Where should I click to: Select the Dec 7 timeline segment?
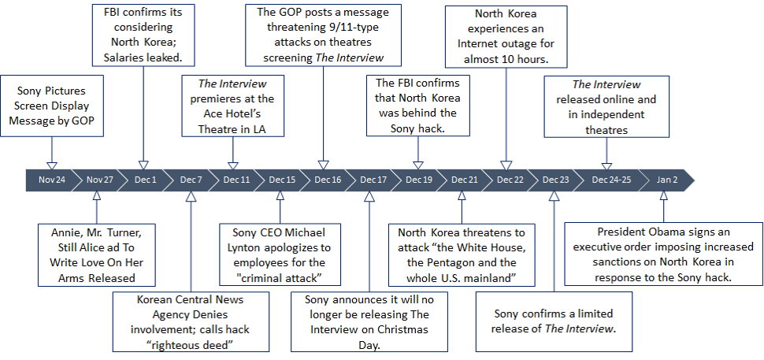190,180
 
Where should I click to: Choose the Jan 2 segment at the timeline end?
666,180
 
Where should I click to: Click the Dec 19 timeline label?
418,180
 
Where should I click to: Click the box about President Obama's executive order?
664,254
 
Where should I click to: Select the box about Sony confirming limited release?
554,321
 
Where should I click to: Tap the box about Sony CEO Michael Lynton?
280,254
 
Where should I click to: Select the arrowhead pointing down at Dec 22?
504,165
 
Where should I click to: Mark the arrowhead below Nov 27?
97,195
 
